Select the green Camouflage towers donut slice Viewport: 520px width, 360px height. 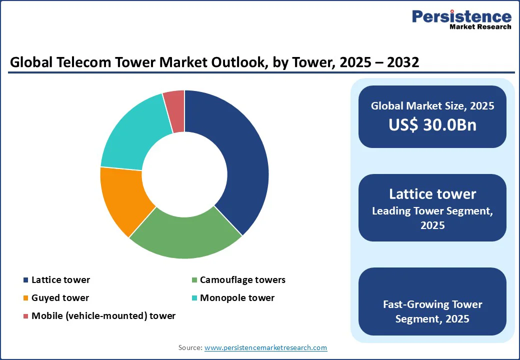pyautogui.click(x=185, y=235)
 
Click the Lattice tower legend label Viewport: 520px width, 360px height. pyautogui.click(x=60, y=280)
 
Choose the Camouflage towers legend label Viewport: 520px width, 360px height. pyautogui.click(x=242, y=280)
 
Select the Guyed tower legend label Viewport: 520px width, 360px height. pyautogui.click(x=60, y=298)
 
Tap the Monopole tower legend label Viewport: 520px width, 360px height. pyautogui.click(x=237, y=298)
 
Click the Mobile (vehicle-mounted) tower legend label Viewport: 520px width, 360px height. pyautogui.click(x=103, y=316)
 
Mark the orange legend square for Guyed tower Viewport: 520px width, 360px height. pyautogui.click(x=25, y=298)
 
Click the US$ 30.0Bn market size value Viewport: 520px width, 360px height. pyautogui.click(x=432, y=125)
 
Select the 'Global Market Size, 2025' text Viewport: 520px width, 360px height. pyautogui.click(x=432, y=106)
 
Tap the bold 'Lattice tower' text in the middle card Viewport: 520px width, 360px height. pyautogui.click(x=432, y=194)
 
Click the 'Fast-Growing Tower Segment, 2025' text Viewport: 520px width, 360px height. pyautogui.click(x=432, y=311)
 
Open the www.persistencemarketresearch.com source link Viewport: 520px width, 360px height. pyautogui.click(x=265, y=347)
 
